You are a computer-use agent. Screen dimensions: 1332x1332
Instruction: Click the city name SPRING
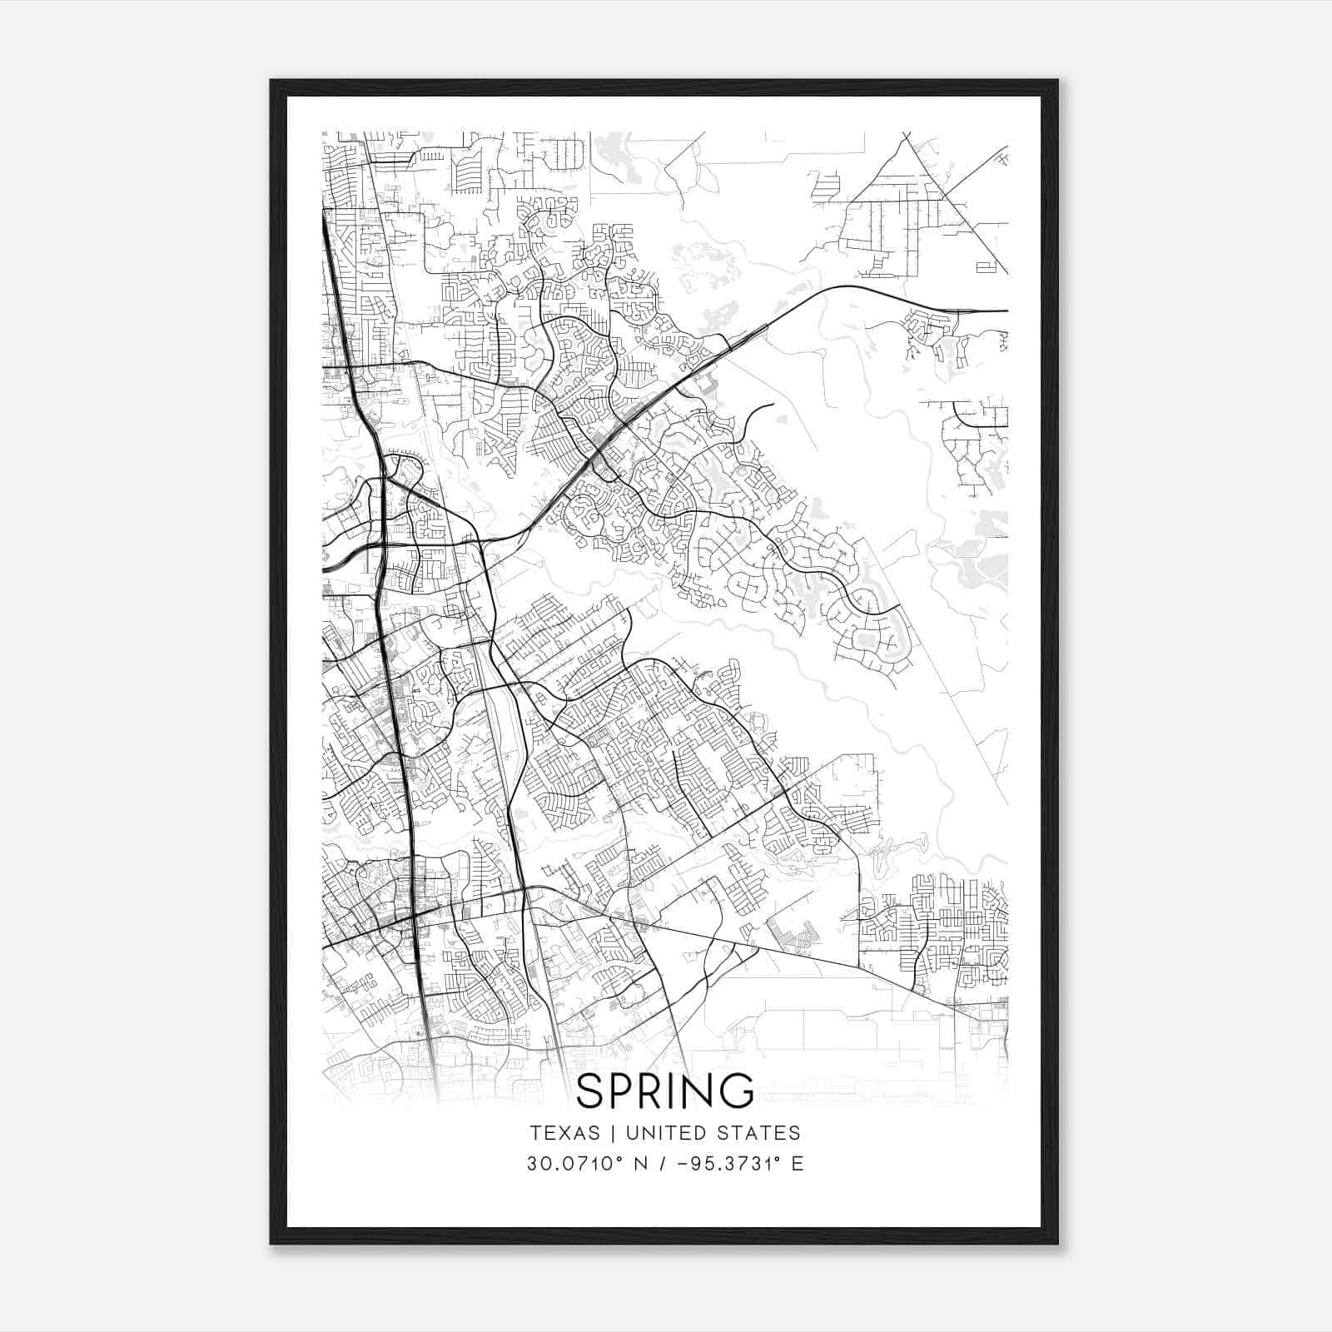click(664, 1091)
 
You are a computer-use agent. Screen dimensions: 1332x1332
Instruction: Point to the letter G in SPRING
click(737, 1091)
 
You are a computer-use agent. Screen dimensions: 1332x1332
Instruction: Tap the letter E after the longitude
click(798, 1164)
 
